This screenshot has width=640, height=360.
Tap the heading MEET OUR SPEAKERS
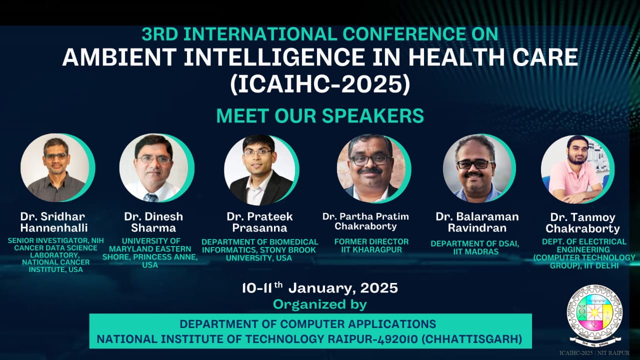point(320,115)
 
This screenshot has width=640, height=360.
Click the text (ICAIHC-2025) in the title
point(320,84)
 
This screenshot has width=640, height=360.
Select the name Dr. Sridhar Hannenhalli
point(54,222)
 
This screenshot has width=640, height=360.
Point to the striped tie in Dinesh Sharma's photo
point(151,197)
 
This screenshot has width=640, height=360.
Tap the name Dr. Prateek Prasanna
point(259,222)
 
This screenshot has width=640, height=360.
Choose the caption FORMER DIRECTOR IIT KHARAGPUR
point(371,245)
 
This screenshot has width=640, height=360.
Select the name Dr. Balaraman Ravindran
point(477,222)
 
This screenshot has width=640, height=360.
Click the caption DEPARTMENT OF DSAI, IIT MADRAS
point(475,247)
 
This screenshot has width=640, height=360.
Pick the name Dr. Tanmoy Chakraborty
point(582,223)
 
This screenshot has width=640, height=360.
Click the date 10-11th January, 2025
point(320,288)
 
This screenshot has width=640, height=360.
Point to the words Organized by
point(319,304)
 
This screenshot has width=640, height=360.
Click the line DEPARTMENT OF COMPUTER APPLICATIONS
point(307,324)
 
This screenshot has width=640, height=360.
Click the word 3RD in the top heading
point(159,34)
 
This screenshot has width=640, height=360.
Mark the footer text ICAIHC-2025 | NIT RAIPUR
point(594,353)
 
